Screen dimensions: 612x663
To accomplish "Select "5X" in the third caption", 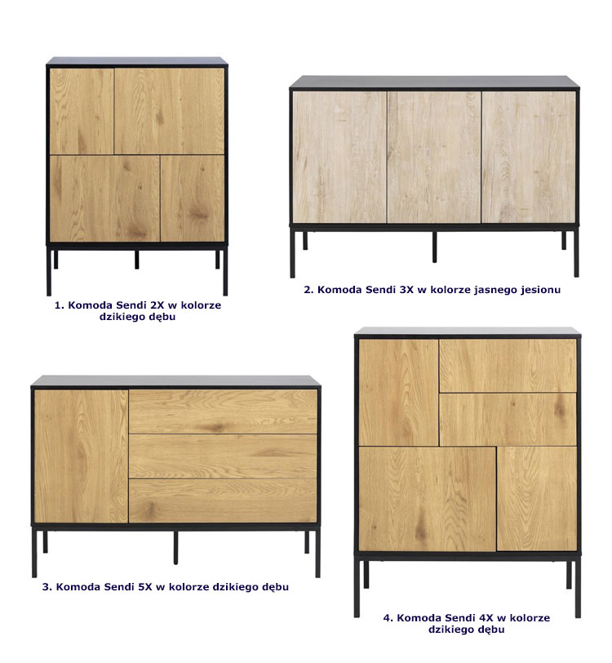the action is [x=145, y=587].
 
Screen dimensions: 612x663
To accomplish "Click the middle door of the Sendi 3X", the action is [x=434, y=157].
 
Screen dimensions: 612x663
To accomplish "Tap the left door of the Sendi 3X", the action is [x=339, y=157].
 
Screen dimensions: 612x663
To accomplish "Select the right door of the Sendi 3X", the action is [x=529, y=157].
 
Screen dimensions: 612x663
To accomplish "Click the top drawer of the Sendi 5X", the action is [x=223, y=412].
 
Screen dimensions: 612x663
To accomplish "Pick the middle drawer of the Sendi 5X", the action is [x=223, y=456].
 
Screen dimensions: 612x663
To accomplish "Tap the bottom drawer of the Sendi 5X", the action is [x=223, y=501].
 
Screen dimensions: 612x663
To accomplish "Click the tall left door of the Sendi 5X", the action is [x=81, y=456].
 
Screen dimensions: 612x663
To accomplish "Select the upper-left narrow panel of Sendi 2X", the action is [x=82, y=111].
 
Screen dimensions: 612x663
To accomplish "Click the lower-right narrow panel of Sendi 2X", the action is [x=193, y=198].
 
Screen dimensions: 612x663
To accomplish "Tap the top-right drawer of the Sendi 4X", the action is [x=508, y=366].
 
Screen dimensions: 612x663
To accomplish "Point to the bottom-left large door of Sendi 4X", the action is [x=427, y=499].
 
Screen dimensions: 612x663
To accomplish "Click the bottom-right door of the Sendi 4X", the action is [x=537, y=499].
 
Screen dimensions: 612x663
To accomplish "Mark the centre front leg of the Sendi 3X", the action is [x=434, y=247].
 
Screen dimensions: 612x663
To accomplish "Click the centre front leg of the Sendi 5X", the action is [x=175, y=548].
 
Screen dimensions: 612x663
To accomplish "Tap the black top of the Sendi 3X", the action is [x=434, y=82].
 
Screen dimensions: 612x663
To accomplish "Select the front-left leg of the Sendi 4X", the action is [x=357, y=588].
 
